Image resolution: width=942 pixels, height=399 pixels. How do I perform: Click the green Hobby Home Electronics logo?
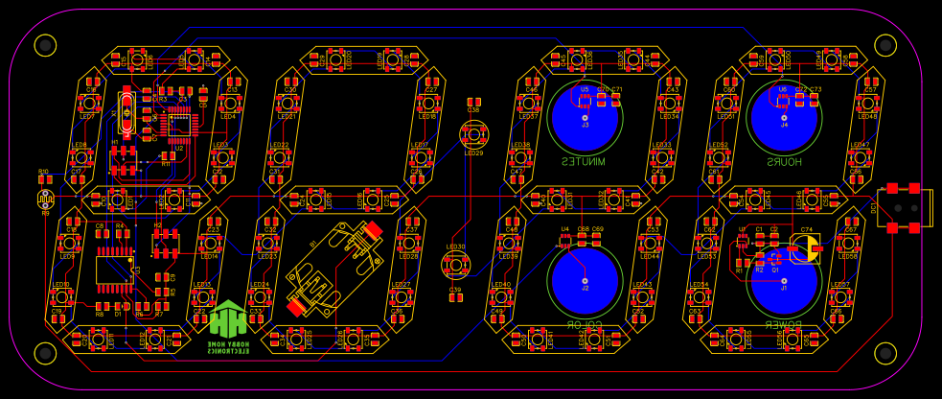[230, 326]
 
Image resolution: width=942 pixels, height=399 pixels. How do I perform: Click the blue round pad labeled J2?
[585, 278]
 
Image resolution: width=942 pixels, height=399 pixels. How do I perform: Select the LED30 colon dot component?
[455, 263]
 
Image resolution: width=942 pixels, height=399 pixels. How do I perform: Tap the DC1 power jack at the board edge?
[903, 207]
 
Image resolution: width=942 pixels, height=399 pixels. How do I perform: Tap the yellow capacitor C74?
[805, 248]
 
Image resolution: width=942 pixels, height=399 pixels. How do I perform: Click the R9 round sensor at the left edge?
[44, 199]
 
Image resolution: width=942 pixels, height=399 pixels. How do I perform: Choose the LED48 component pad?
[868, 103]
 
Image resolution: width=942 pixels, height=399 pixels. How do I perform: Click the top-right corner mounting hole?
[887, 44]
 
